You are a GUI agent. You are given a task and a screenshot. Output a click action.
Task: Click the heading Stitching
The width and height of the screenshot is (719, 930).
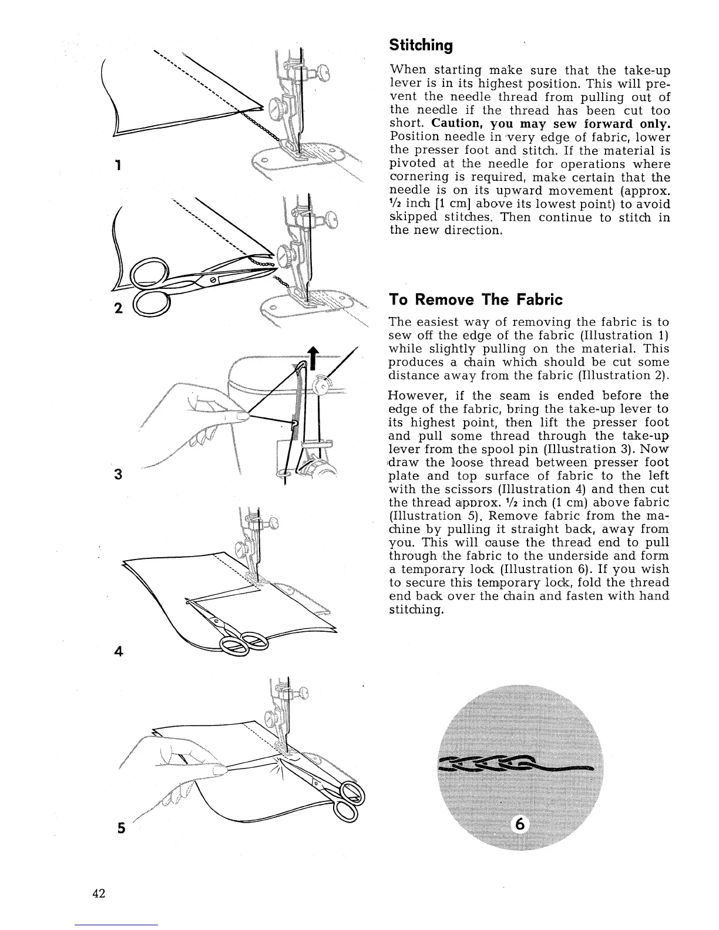421,45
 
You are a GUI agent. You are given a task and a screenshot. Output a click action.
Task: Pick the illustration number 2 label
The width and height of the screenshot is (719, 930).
117,309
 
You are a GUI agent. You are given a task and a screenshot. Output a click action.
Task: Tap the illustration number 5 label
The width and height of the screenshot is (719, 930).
120,828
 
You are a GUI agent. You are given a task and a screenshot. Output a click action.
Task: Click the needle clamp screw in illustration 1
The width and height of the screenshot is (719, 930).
321,75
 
